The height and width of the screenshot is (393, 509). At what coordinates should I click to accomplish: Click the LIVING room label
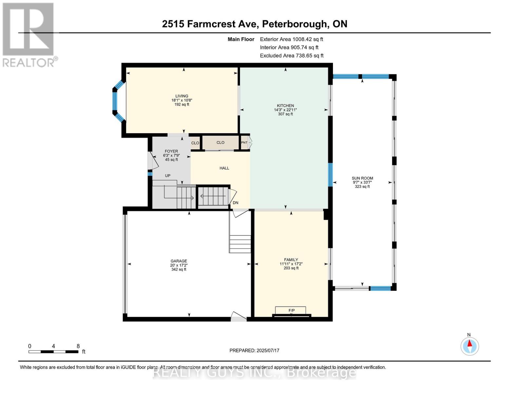pos(182,96)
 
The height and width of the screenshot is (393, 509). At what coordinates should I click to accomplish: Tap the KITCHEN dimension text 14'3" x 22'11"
pos(285,110)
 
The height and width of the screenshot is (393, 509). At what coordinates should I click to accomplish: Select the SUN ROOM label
pos(362,178)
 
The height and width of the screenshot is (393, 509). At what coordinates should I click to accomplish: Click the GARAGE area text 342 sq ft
pos(179,270)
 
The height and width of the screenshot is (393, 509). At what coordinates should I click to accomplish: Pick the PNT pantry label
pos(244,143)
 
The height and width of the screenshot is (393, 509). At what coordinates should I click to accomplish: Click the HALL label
pos(224,168)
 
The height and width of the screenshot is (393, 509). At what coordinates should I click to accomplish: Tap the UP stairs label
pos(167,176)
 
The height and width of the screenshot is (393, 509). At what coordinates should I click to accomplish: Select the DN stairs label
pos(235,203)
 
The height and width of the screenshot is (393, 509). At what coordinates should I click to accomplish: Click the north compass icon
pos(469,346)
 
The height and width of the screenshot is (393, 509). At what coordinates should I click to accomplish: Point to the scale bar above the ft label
pos(53,352)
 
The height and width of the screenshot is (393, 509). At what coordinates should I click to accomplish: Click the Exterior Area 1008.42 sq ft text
pos(291,39)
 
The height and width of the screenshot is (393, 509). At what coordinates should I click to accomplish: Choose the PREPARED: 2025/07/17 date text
pos(254,350)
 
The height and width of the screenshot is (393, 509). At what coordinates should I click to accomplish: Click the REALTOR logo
pos(29,34)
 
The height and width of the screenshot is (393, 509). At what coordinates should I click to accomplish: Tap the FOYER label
pos(171,151)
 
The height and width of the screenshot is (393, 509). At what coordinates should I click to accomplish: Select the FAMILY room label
pos(291,260)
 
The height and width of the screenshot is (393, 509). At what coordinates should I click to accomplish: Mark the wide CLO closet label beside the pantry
pos(220,142)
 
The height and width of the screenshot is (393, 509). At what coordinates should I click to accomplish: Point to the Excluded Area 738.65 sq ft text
pos(292,56)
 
